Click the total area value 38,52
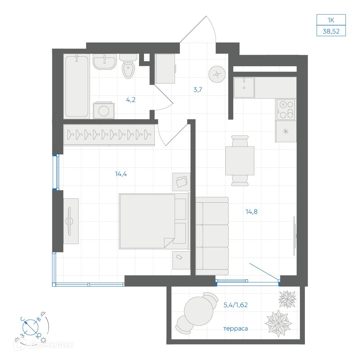331,31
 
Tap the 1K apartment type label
331,20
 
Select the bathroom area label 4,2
131,100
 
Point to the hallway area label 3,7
198,90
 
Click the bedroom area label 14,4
121,174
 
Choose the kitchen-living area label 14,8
252,212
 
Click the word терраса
235,329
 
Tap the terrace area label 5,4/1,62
235,305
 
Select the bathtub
77,86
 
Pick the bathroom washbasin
104,62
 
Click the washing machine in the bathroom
104,110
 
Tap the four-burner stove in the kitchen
285,109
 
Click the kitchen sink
244,88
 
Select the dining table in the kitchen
240,161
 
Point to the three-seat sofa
212,236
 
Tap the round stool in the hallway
217,74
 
